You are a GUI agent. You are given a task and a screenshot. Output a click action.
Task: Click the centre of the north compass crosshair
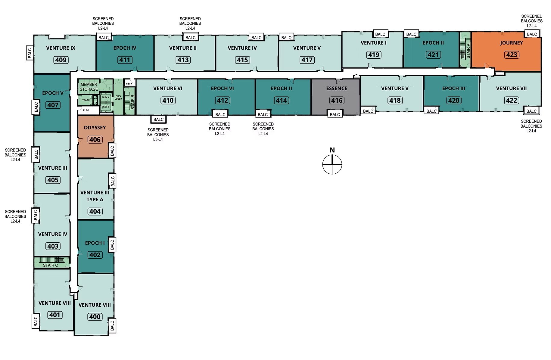tap(332, 164)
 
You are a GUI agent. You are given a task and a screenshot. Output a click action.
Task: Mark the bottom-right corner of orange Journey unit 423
tap(541, 71)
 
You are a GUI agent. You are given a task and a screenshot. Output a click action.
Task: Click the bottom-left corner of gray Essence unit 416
tap(311, 115)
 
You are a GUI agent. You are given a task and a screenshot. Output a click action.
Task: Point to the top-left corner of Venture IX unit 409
tap(34, 36)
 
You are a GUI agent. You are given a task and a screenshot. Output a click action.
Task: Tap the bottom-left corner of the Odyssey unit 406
tap(78, 158)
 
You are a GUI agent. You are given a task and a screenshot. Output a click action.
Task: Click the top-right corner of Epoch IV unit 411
tap(154, 36)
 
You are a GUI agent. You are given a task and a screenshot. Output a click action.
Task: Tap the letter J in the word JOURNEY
tap(501, 43)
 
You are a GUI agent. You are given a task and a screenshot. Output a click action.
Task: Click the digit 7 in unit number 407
tap(56, 105)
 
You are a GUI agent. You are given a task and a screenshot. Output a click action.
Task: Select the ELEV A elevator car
tap(105, 98)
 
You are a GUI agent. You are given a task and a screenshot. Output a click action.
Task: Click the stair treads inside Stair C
tap(52, 260)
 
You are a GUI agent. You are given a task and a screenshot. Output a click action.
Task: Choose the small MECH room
tap(129, 83)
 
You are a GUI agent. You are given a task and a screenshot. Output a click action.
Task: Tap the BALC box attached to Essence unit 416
tap(335, 114)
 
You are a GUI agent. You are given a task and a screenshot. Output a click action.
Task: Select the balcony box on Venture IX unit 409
tap(30, 53)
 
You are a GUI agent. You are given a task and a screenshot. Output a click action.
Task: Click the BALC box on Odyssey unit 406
tap(112, 151)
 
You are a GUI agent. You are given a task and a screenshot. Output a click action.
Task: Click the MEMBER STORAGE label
tap(89, 87)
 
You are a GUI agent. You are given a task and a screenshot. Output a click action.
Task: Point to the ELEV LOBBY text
tap(118, 97)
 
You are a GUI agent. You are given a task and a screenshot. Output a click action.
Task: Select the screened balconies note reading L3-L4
tap(158, 135)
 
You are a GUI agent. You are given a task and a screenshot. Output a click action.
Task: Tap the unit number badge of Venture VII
tap(511, 100)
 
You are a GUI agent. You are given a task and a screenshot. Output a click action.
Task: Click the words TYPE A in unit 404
tap(95, 200)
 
